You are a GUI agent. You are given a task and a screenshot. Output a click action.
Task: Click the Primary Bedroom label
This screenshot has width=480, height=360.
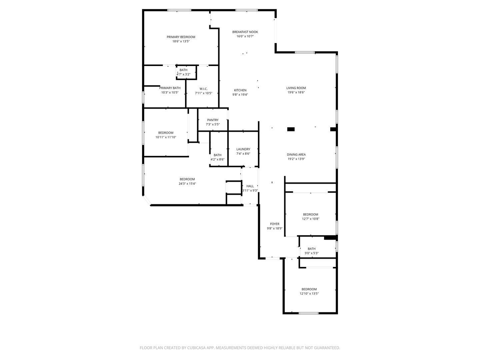coord(181,37)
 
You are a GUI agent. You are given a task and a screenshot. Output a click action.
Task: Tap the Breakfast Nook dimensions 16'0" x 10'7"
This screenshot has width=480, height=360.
coord(245,36)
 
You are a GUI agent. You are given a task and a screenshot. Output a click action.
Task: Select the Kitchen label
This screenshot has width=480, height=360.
coord(240,90)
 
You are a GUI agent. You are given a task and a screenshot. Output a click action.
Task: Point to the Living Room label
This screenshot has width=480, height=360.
coord(296,88)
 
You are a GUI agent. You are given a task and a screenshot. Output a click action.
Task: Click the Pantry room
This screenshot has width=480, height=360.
coord(213,120)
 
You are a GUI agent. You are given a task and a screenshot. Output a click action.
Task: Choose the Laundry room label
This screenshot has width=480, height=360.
coord(243,149)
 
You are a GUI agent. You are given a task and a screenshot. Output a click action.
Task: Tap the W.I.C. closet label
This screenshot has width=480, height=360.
coord(203,89)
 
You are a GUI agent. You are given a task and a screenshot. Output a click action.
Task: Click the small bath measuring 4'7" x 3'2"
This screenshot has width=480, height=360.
coord(183,72)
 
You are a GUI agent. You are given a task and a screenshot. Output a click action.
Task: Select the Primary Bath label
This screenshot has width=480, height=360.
coord(170,88)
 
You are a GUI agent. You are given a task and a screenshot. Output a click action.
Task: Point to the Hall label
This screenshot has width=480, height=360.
coord(250,186)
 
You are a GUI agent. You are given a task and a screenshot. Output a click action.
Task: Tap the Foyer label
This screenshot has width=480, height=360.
coord(275,224)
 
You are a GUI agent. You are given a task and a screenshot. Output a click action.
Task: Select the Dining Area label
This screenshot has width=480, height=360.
coord(296,155)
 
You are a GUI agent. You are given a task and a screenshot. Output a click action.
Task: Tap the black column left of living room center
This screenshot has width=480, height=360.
coord(291,129)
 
